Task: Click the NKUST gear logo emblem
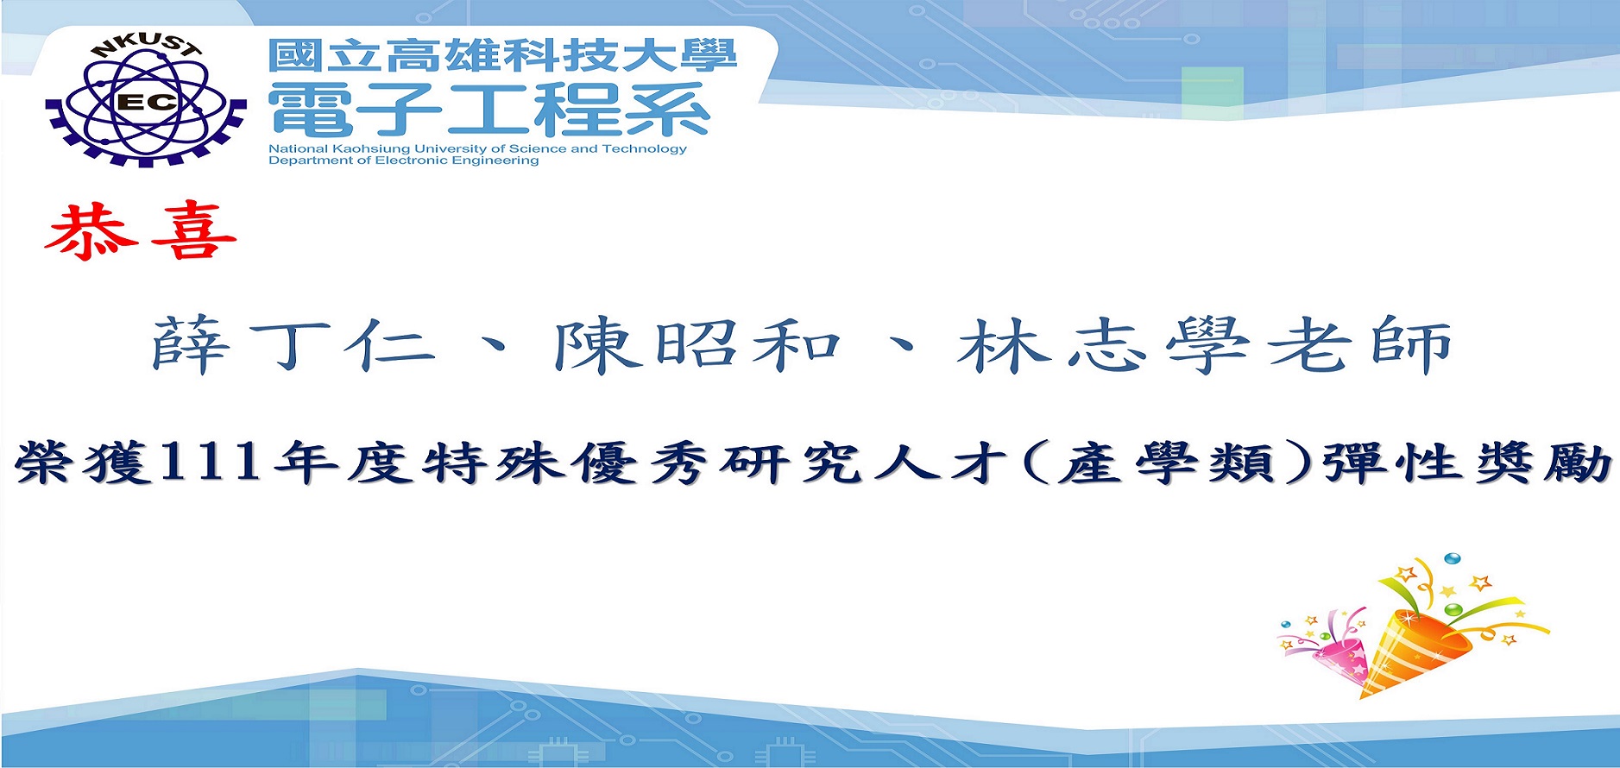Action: click(146, 102)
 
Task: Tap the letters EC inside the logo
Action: click(146, 103)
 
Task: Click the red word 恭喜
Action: click(141, 231)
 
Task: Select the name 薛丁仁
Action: click(294, 345)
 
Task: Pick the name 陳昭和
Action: click(697, 345)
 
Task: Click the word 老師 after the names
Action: click(1359, 345)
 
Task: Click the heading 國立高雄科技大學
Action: click(502, 56)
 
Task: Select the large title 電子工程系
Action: click(489, 110)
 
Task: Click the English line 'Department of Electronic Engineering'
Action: click(403, 161)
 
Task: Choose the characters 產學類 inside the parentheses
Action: click(1166, 463)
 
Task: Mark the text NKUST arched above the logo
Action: click(146, 50)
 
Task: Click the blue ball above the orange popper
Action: click(1453, 558)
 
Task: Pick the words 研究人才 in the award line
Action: click(864, 463)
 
